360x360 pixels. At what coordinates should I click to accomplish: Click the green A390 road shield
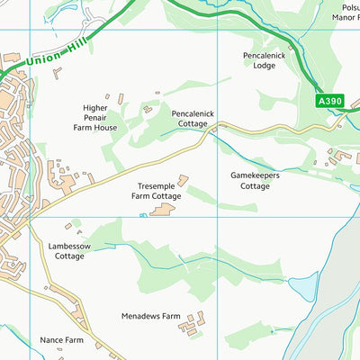click(x=329, y=103)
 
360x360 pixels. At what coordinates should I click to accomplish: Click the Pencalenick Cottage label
click(x=193, y=121)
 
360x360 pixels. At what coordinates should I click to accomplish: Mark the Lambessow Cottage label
click(x=69, y=250)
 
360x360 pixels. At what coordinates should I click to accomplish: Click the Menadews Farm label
click(x=151, y=317)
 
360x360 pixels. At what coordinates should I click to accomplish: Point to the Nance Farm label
click(x=61, y=341)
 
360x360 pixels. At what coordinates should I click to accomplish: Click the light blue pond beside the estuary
click(x=303, y=287)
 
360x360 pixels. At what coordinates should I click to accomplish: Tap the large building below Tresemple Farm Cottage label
click(x=163, y=210)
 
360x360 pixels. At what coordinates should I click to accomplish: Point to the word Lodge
click(x=265, y=66)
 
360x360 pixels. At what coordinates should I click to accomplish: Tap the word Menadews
click(x=140, y=317)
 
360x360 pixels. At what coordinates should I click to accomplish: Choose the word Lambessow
click(x=69, y=245)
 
